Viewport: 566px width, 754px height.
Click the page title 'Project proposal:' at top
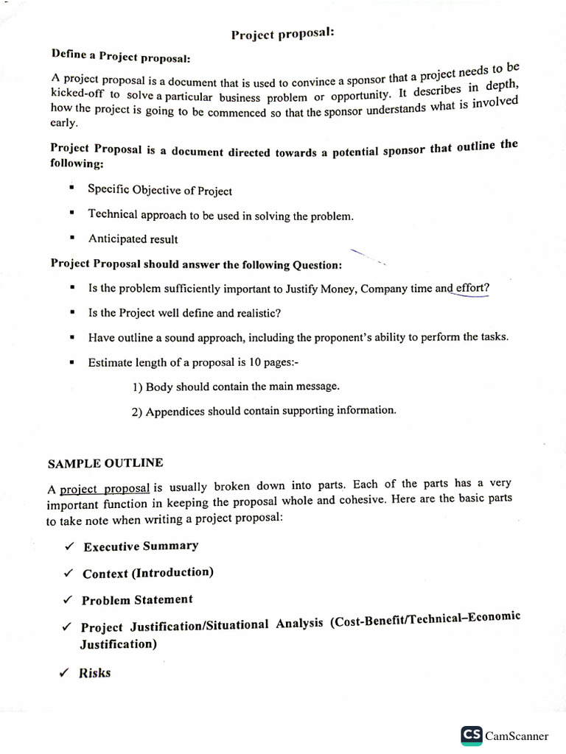point(282,35)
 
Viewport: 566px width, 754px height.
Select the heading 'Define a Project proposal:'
point(121,57)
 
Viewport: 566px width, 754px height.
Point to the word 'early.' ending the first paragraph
point(63,124)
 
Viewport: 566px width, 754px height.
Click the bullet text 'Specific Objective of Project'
point(160,190)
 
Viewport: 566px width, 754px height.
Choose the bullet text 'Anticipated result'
point(133,239)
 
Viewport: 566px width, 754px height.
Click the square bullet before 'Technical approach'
point(71,214)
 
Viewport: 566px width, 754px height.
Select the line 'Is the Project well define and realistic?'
point(184,313)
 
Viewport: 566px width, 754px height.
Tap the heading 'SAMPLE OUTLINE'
point(105,463)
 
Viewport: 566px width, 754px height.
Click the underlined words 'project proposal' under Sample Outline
point(105,488)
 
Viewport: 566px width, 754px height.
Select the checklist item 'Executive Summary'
point(141,546)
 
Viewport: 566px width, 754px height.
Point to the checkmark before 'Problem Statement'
point(67,600)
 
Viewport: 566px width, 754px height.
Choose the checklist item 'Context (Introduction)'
point(147,573)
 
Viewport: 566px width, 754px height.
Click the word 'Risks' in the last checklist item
point(95,672)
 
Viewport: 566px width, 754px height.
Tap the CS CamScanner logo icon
point(472,735)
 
